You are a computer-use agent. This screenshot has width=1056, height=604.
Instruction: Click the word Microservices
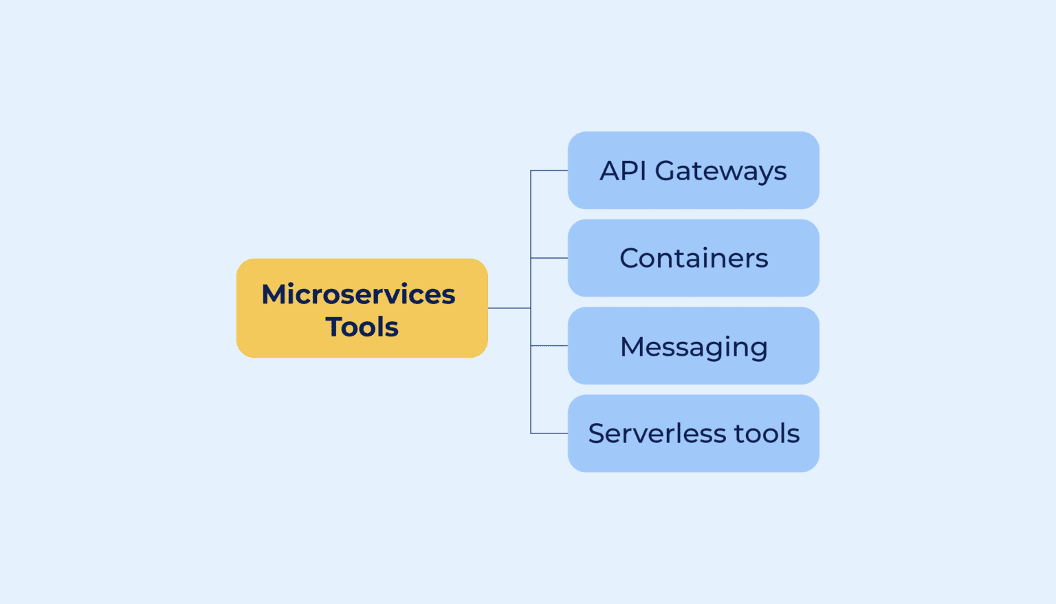point(358,294)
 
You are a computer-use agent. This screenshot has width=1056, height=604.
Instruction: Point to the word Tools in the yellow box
point(362,327)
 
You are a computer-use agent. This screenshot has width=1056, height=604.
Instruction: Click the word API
point(623,171)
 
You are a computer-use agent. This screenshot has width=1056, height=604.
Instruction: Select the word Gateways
point(720,171)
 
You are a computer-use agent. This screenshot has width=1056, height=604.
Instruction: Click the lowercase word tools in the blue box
point(767,433)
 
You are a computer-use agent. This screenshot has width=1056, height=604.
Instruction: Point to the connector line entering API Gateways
point(549,170)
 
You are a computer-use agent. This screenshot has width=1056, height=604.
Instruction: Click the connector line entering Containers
point(549,258)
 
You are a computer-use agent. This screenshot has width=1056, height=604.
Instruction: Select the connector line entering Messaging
point(549,345)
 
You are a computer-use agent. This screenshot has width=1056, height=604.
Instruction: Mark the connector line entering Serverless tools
point(549,433)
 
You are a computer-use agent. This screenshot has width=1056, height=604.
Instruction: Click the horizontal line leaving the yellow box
point(509,308)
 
